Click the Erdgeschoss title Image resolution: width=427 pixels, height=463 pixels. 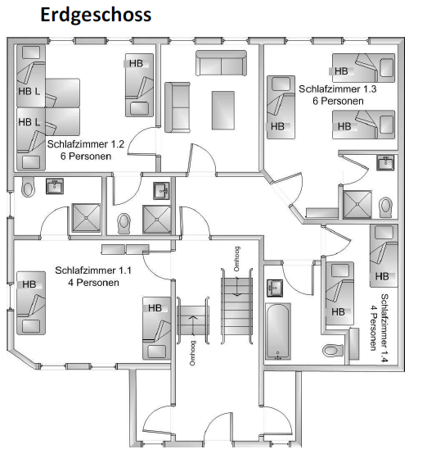point(96,16)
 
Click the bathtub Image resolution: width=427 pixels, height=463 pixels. point(278,331)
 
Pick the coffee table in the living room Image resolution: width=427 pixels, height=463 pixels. point(223,111)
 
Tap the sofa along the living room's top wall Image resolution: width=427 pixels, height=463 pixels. point(221,63)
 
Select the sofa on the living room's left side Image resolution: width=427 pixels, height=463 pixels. point(178,107)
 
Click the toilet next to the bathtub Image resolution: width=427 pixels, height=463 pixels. point(333,351)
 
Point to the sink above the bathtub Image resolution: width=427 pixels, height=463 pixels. point(275,288)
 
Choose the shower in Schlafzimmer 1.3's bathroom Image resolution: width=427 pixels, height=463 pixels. point(357,204)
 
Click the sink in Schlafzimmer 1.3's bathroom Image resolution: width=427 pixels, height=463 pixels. point(385,162)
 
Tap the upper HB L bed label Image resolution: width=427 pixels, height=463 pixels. point(29,91)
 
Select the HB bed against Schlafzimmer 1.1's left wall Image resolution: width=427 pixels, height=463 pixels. point(31,303)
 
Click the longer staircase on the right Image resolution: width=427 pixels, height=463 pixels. point(237,306)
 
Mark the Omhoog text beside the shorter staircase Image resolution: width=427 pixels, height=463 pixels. point(192,353)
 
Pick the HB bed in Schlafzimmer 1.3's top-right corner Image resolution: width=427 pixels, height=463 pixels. point(364,68)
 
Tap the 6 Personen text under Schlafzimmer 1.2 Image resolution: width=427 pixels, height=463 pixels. point(86,157)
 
